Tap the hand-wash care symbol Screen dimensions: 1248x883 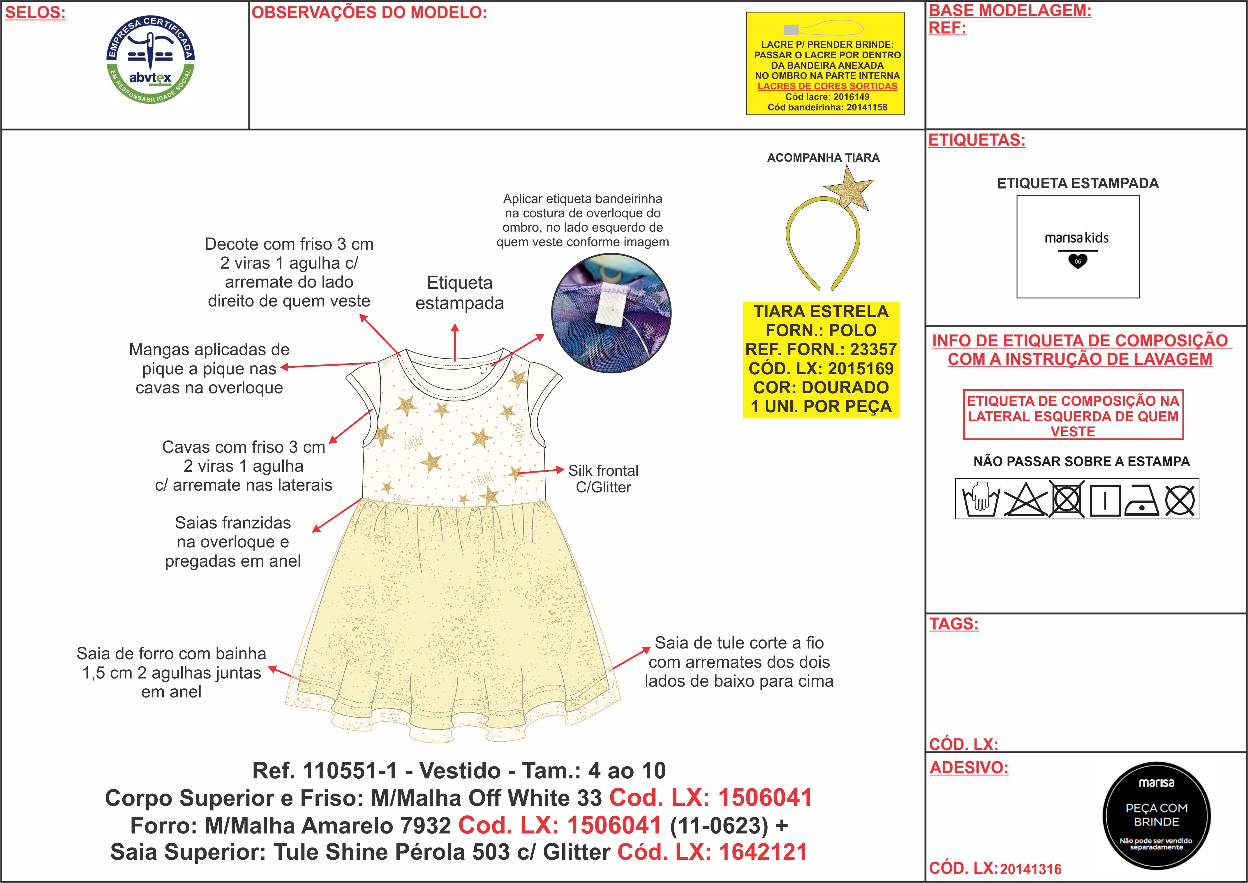pos(981,498)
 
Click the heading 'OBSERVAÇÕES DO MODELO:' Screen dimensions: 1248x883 pos(369,13)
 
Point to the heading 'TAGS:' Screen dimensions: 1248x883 pos(954,624)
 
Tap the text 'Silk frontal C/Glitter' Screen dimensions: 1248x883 pos(603,478)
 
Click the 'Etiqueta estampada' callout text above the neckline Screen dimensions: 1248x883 pos(460,292)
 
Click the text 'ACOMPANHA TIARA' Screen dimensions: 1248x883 pos(823,158)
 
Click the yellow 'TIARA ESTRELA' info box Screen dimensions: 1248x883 pos(821,360)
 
